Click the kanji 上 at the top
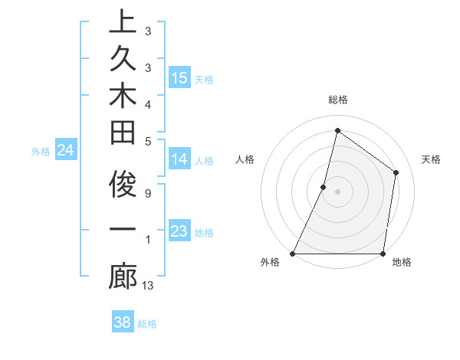123,22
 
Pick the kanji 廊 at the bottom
123,277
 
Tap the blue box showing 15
179,78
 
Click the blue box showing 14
179,159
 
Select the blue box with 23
179,231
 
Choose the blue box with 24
66,151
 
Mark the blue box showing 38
123,322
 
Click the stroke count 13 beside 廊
148,286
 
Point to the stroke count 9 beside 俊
147,192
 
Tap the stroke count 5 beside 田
147,141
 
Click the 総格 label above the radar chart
337,100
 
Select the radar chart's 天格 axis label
432,159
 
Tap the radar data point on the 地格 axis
383,254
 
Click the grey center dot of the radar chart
337,191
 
